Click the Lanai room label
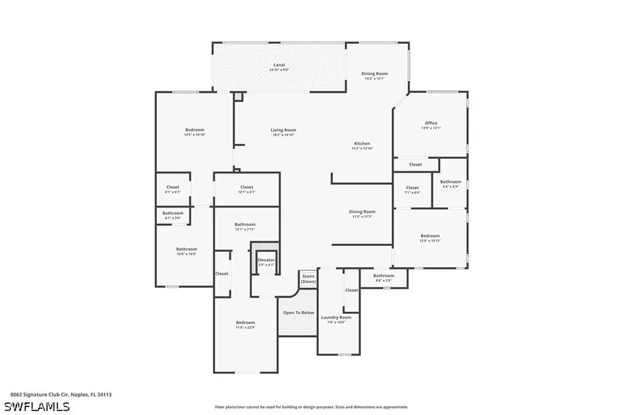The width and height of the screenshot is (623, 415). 279,65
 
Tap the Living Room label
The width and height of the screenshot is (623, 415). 283,130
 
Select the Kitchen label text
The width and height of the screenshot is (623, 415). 362,144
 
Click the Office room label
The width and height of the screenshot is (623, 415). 431,123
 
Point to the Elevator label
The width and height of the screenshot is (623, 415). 266,260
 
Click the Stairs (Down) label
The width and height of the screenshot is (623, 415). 308,279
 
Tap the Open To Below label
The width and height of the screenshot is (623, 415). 298,313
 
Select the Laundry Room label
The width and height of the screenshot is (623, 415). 336,317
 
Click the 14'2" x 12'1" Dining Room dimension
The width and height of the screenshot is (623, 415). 375,78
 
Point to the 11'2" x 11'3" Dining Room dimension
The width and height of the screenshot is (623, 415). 361,217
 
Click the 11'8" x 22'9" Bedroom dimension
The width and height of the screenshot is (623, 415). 245,327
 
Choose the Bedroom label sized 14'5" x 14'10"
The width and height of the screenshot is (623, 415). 195,130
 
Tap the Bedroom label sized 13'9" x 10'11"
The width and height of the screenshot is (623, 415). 430,235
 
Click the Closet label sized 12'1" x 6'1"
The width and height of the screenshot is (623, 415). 246,187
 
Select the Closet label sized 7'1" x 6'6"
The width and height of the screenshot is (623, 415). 412,187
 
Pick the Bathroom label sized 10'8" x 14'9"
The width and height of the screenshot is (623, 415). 186,249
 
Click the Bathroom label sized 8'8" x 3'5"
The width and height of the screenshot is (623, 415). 383,276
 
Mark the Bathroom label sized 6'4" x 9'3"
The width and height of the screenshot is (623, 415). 451,181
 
